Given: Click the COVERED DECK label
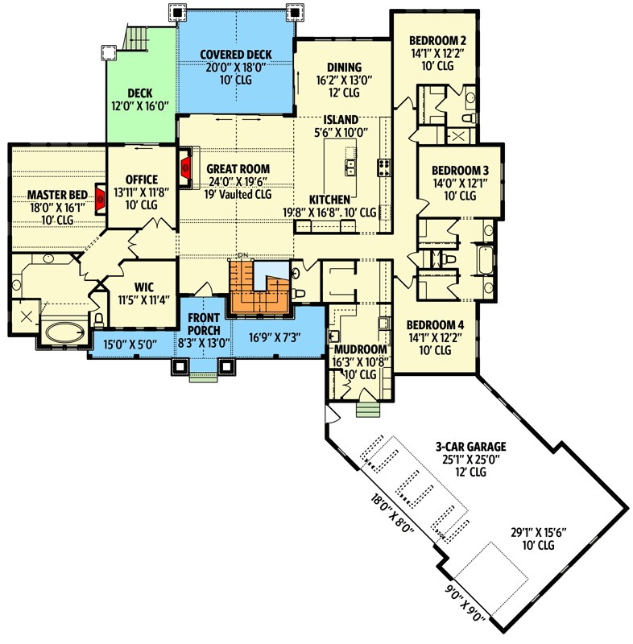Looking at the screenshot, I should click(235, 55).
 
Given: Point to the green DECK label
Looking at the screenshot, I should click(140, 93).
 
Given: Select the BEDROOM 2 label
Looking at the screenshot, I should click(437, 40).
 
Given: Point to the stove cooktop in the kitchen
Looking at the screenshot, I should click(384, 167).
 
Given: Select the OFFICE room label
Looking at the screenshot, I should click(142, 179).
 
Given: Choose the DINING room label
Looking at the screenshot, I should click(344, 67).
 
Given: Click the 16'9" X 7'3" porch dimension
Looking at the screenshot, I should click(275, 337).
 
